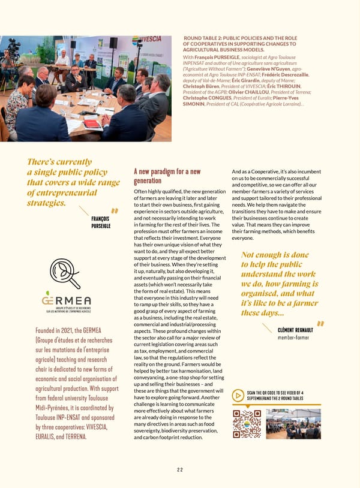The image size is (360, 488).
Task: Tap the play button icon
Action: (x=238, y=396)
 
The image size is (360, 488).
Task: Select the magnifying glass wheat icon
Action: (x=64, y=273)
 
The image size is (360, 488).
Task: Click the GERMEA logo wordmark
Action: (x=66, y=300)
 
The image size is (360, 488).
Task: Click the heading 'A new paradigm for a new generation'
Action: (x=167, y=176)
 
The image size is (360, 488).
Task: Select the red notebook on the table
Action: (x=92, y=123)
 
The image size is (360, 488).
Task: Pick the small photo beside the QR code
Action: (x=293, y=423)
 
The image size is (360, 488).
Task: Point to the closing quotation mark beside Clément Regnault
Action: (x=320, y=324)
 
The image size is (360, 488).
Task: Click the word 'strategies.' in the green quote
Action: (x=47, y=203)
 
